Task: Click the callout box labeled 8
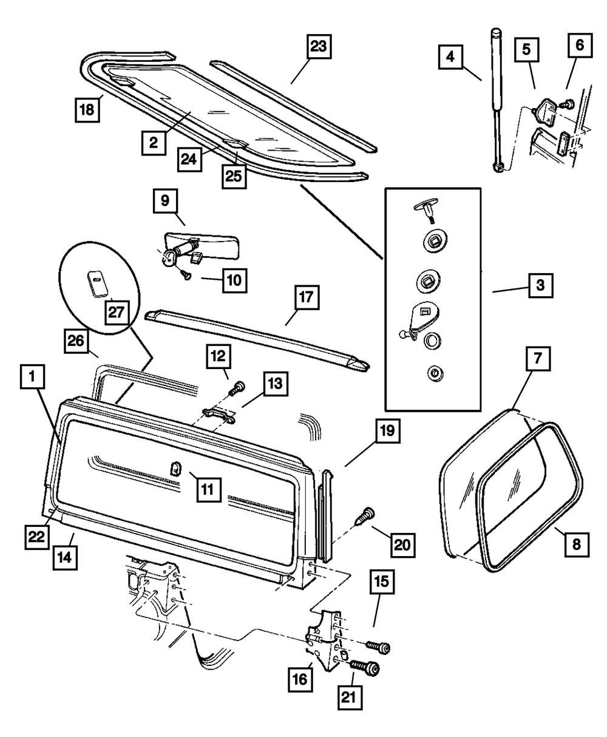point(575,544)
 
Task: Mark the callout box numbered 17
point(307,300)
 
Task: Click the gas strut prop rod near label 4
point(497,103)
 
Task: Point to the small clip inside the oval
point(96,284)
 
